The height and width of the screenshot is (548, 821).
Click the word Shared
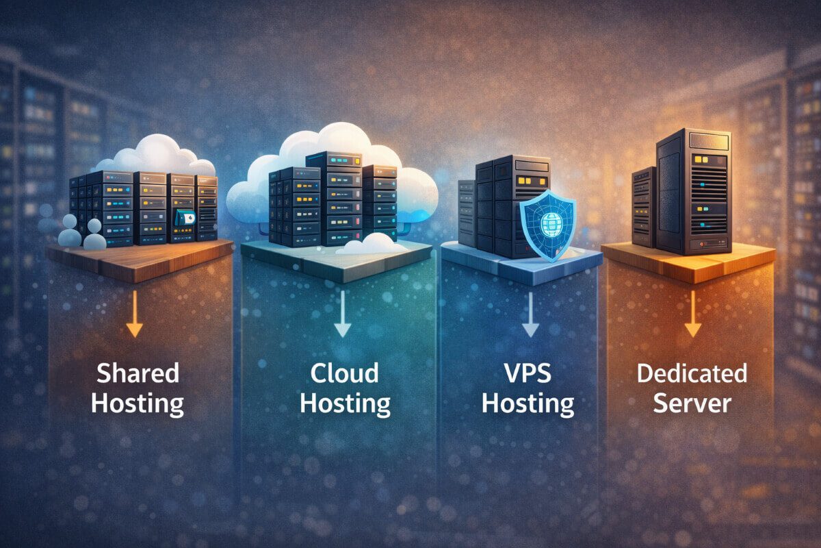tap(138, 374)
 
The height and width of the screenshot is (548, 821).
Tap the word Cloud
tap(345, 374)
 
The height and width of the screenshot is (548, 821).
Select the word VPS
tap(527, 374)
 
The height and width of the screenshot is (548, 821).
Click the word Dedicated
tap(692, 374)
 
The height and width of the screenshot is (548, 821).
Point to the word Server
tap(692, 403)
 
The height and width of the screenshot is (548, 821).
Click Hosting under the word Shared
tap(138, 403)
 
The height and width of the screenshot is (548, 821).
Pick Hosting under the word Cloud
tap(345, 403)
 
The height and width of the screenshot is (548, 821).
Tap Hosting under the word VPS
tap(527, 403)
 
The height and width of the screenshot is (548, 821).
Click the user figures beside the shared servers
tap(80, 233)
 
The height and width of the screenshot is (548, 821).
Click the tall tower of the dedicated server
tap(693, 192)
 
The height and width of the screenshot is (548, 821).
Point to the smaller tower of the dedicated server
tap(644, 206)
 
